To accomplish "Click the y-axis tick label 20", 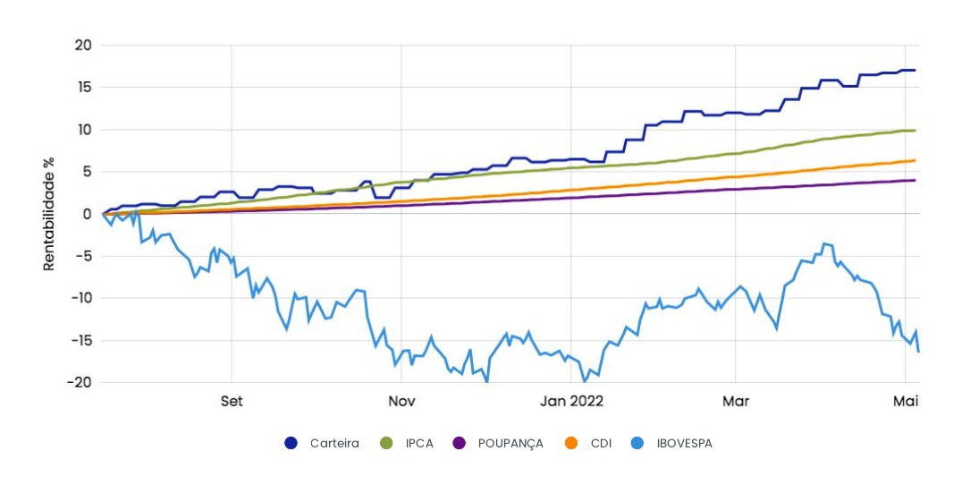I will pyautogui.click(x=84, y=46).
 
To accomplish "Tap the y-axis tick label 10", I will pyautogui.click(x=84, y=130).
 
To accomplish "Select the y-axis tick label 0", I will pyautogui.click(x=88, y=214).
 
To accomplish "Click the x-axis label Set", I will pyautogui.click(x=232, y=401).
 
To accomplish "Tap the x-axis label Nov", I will pyautogui.click(x=401, y=401).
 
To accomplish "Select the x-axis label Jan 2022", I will pyautogui.click(x=572, y=401).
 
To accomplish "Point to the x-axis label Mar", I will pyautogui.click(x=735, y=401).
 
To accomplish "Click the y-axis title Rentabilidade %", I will pyautogui.click(x=50, y=214).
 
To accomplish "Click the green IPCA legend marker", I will pyautogui.click(x=387, y=443).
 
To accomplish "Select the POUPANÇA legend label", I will pyautogui.click(x=510, y=443).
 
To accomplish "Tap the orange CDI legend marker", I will pyautogui.click(x=573, y=443).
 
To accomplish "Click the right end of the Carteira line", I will pyautogui.click(x=915, y=70).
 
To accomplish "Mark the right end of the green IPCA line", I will pyautogui.click(x=915, y=131).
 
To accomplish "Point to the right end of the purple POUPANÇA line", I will pyautogui.click(x=915, y=180).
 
